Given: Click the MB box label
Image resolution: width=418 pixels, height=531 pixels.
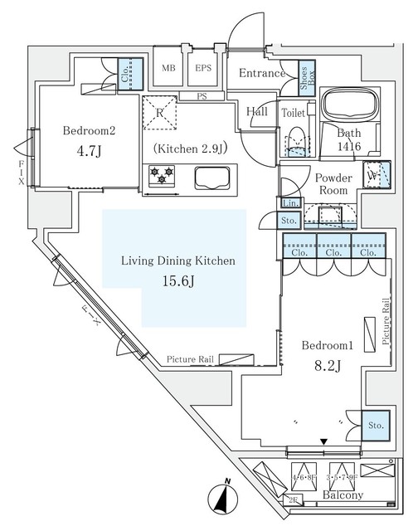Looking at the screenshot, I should click(x=168, y=69).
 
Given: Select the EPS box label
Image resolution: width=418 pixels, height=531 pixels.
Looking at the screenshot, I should click(x=202, y=69).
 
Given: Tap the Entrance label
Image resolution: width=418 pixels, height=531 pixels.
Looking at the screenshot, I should click(x=261, y=74).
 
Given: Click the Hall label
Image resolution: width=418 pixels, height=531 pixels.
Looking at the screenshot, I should click(x=257, y=111).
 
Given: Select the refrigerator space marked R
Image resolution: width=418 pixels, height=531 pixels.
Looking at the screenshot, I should click(x=160, y=113).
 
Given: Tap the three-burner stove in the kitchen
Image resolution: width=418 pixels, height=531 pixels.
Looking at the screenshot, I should click(x=162, y=175).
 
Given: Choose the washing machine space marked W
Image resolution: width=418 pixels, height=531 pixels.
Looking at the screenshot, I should click(x=373, y=175).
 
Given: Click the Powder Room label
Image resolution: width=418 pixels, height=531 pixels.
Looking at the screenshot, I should click(x=333, y=183).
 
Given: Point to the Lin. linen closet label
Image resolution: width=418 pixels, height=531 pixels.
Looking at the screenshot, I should click(x=289, y=203).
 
